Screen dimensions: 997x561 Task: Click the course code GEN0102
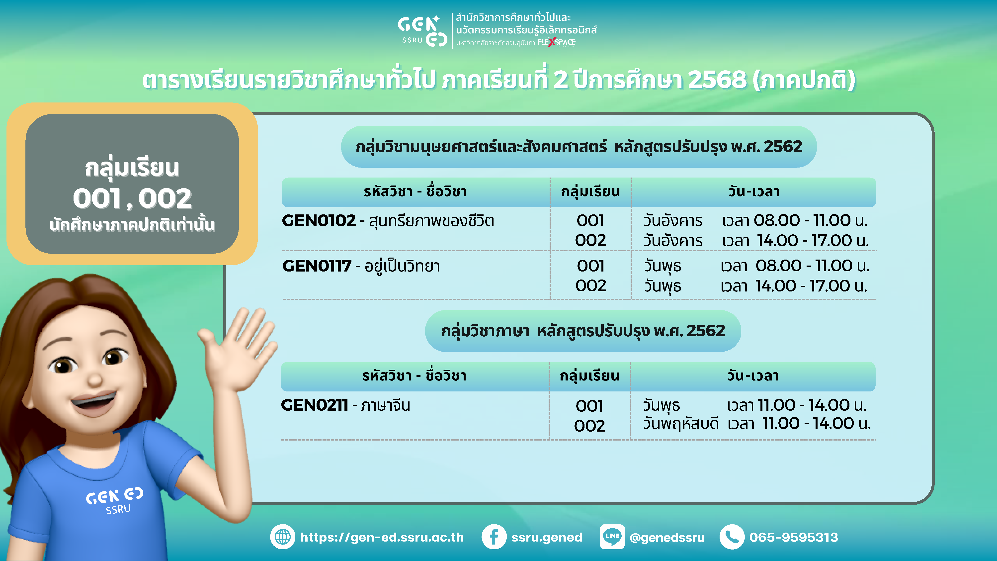319,221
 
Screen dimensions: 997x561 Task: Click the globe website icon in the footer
283,537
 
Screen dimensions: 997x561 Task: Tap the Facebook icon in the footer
494,537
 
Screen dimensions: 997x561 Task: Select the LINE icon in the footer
612,537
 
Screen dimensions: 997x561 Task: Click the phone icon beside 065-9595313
732,537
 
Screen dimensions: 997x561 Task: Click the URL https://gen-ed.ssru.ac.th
382,537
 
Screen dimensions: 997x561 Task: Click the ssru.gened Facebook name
547,537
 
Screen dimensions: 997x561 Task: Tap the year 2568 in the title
717,80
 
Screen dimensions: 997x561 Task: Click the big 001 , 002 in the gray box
132,198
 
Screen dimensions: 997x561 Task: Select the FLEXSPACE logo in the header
557,42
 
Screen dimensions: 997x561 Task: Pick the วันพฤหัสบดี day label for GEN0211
681,424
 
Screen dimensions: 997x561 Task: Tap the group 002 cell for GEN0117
591,286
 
